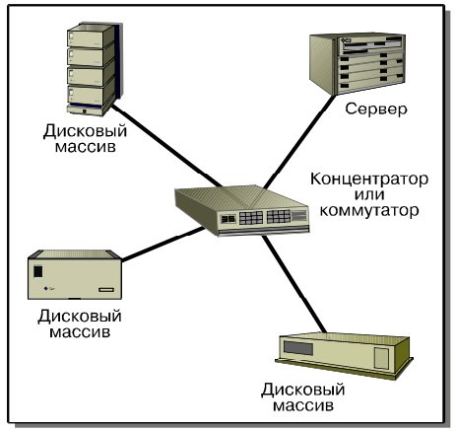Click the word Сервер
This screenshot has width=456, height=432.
point(376,108)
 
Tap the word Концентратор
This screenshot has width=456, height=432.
point(369,180)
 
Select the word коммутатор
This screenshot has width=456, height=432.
point(369,210)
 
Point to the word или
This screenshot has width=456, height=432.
point(369,194)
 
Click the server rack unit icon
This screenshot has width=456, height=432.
point(358,63)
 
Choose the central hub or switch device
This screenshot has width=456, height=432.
point(242,210)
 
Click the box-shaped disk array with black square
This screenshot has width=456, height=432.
point(75,274)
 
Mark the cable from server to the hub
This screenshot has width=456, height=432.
point(299,142)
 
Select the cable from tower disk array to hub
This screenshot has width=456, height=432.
point(166,146)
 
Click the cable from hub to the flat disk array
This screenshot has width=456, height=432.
point(293,284)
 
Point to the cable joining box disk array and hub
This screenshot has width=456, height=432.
point(163,244)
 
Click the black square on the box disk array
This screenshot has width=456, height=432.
point(38,271)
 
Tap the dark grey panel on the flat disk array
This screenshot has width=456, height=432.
point(298,348)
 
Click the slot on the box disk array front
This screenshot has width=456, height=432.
point(106,290)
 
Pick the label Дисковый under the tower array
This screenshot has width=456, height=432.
point(85,131)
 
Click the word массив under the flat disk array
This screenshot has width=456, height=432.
point(303,405)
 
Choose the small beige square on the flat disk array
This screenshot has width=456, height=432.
point(381,358)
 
